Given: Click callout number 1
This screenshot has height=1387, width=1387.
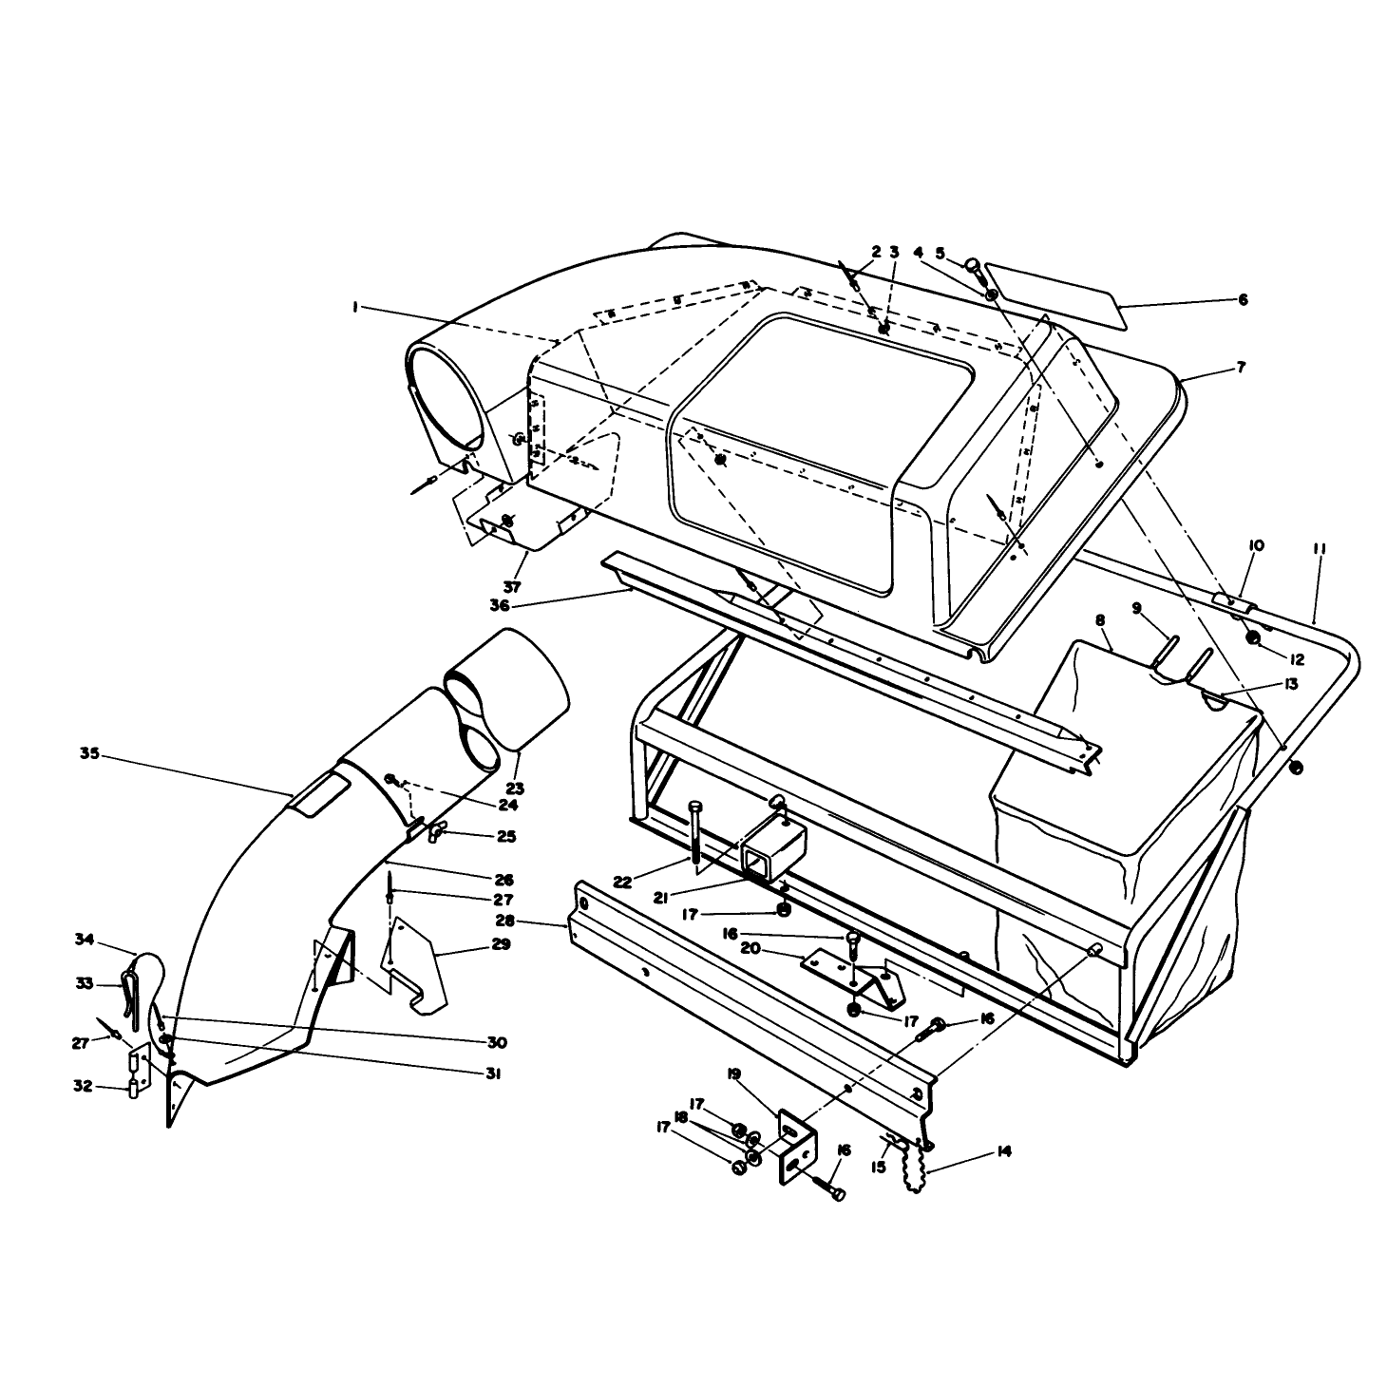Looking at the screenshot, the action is pyautogui.click(x=355, y=308).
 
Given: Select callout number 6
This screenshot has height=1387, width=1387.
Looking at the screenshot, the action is pyautogui.click(x=1243, y=300).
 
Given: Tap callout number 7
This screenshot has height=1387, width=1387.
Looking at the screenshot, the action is pyautogui.click(x=1241, y=367).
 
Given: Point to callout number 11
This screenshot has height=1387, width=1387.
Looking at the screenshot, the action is pyautogui.click(x=1320, y=550).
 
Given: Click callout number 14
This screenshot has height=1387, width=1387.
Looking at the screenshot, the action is pyautogui.click(x=1004, y=1151).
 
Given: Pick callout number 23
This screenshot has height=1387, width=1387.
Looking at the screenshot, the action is pyautogui.click(x=516, y=788).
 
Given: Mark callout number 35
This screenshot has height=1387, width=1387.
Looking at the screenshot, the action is pyautogui.click(x=89, y=753).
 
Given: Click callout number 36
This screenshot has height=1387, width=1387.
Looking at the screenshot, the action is pyautogui.click(x=500, y=605).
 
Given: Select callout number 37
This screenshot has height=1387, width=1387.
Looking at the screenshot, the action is pyautogui.click(x=512, y=586).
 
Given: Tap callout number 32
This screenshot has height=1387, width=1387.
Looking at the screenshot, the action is pyautogui.click(x=83, y=1086).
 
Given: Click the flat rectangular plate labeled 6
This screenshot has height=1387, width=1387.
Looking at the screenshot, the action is pyautogui.click(x=1055, y=295).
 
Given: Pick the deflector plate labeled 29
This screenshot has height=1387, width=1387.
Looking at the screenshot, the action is pyautogui.click(x=414, y=963).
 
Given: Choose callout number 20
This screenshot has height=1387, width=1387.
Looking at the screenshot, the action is pyautogui.click(x=750, y=949).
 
